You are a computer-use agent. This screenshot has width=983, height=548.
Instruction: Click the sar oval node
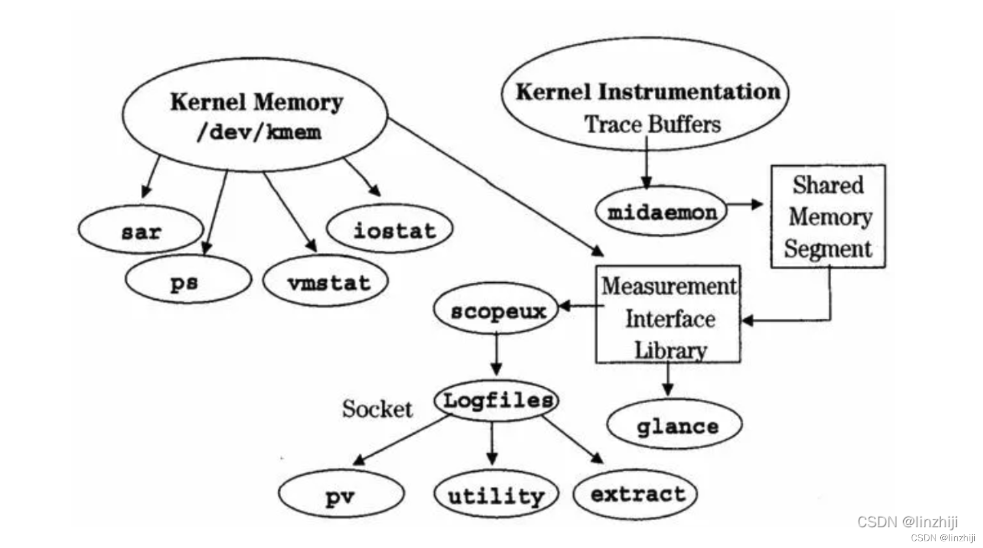141,230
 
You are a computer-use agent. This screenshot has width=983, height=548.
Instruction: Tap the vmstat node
326,282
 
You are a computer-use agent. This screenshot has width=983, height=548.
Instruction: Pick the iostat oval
390,229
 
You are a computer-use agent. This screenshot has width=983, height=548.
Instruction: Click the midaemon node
661,212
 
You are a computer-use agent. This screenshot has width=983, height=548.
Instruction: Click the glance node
675,425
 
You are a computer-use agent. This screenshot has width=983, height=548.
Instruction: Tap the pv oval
341,494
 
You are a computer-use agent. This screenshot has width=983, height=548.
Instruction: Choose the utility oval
496,495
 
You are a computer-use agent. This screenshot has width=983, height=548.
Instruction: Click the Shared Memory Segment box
828,216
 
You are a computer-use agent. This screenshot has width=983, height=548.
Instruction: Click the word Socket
377,409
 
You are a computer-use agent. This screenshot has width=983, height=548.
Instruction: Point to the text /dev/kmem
259,132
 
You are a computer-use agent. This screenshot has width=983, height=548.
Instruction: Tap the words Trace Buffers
652,124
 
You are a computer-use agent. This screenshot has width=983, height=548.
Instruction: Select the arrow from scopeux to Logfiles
496,353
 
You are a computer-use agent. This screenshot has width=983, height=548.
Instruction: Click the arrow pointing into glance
668,380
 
